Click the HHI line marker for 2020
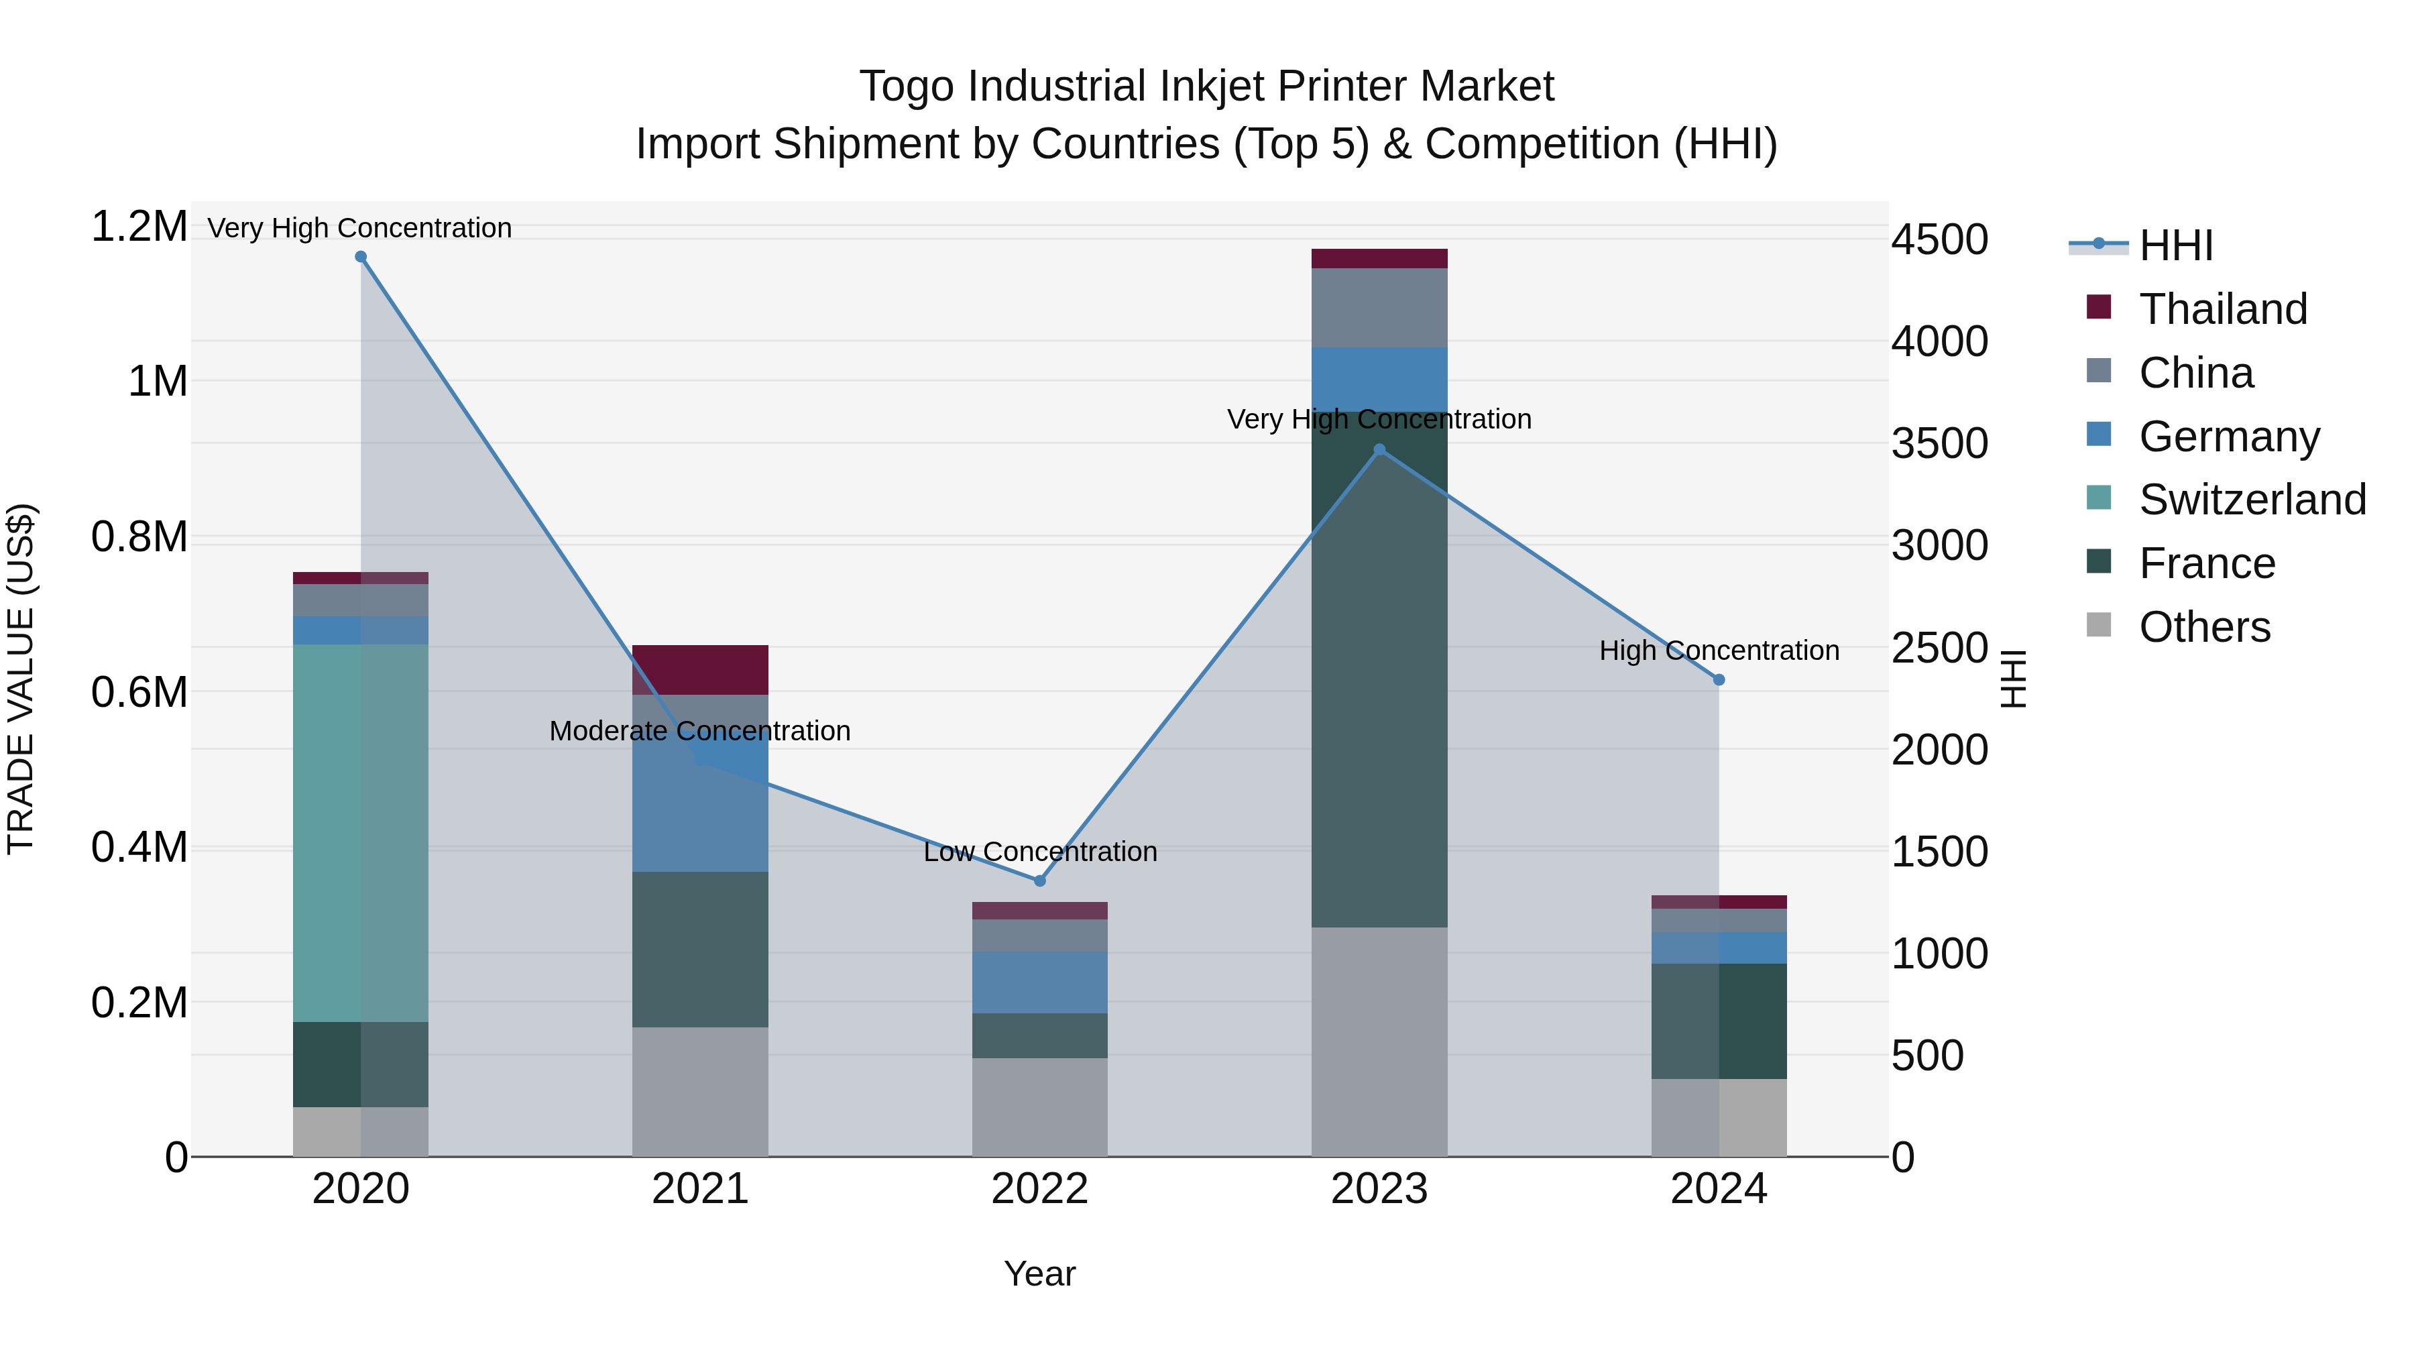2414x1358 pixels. (361, 257)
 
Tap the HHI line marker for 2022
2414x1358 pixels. (1039, 881)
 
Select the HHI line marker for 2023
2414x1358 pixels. (1379, 450)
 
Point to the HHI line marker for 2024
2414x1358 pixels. (1719, 681)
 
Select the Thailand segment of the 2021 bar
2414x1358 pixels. (700, 669)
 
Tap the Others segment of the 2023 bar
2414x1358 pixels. (1379, 1041)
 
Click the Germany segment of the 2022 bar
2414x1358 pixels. (1039, 982)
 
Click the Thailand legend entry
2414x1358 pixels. (2222, 309)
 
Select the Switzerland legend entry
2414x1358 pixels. (2251, 500)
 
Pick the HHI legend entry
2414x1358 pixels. (2176, 245)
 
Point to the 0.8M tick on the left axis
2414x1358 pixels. (139, 537)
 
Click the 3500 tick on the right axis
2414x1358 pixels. (1939, 443)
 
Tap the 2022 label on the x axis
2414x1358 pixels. (1039, 1189)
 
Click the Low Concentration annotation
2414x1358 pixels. (1039, 852)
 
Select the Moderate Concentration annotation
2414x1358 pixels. (700, 731)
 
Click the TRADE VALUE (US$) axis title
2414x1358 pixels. (21, 679)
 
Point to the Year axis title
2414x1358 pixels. (1039, 1274)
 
